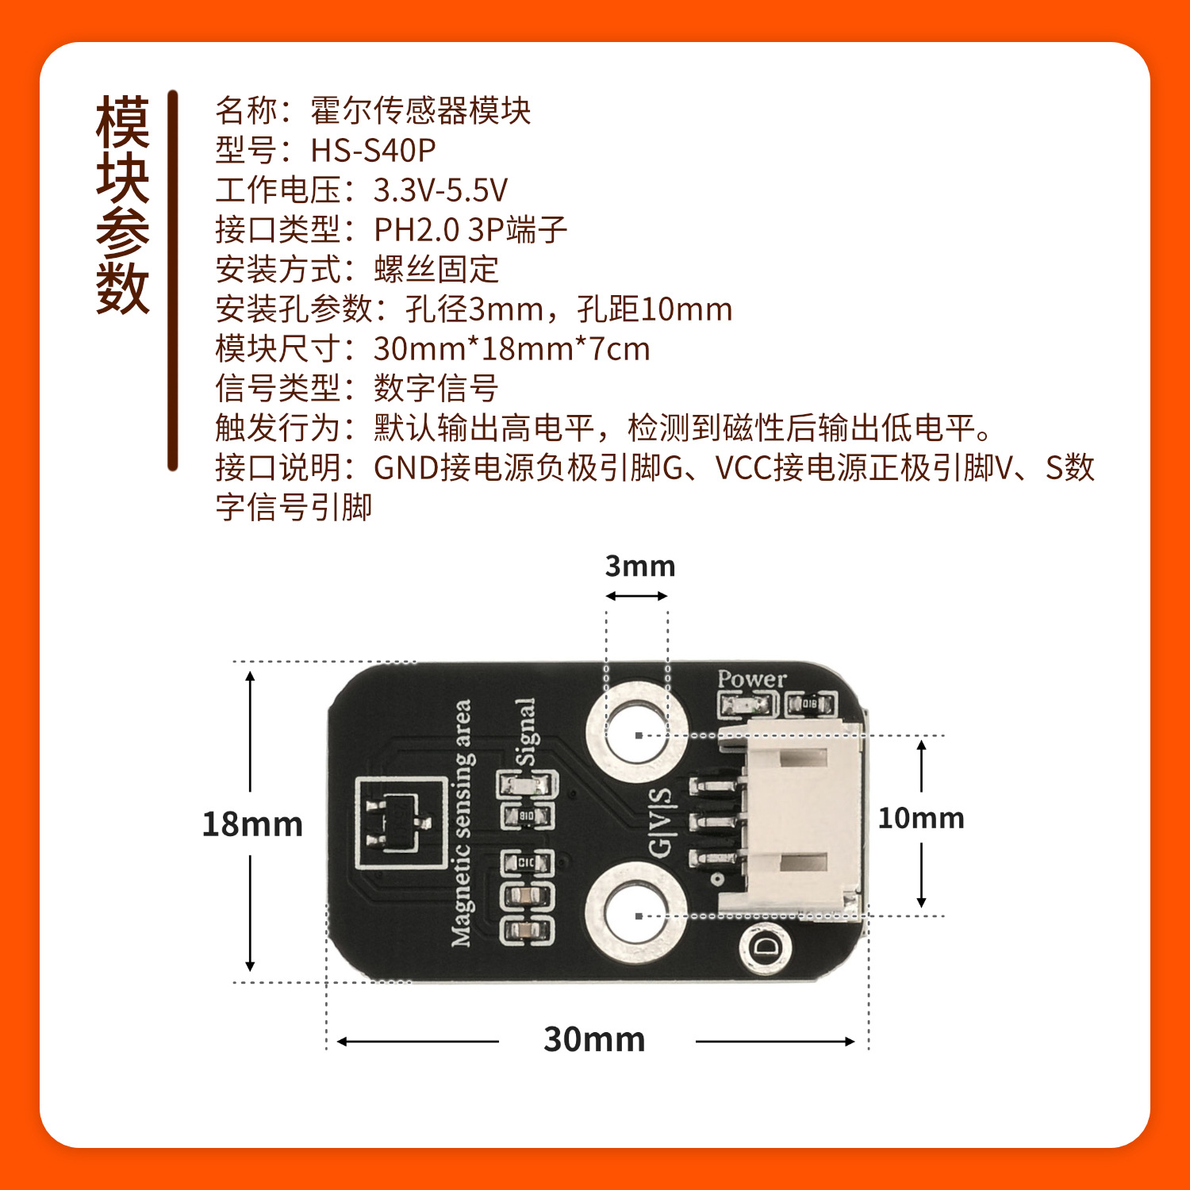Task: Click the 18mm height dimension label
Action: coord(252,824)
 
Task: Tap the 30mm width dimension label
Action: coord(594,1039)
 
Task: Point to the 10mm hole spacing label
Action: coord(920,818)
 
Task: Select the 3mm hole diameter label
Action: coord(639,566)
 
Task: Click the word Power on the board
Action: coord(751,679)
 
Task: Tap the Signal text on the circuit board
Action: coord(526,731)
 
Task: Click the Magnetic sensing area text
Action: coord(462,823)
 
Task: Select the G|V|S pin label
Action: coord(660,823)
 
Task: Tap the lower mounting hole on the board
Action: coord(636,915)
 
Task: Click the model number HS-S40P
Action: coord(373,150)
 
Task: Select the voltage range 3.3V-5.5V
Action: coord(440,190)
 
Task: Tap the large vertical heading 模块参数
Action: coord(123,205)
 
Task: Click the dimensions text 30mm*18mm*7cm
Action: coord(512,349)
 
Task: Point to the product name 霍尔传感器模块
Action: coord(420,110)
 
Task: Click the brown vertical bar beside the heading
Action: coord(172,282)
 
